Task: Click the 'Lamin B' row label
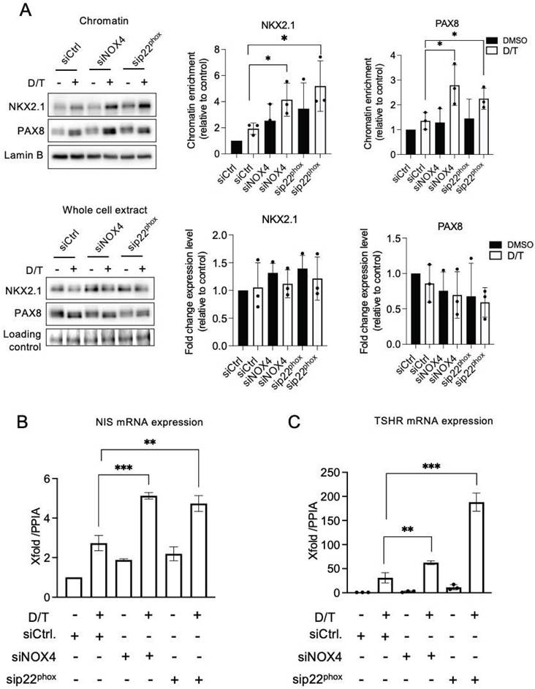pos(25,155)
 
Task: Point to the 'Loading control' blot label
pos(24,341)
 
